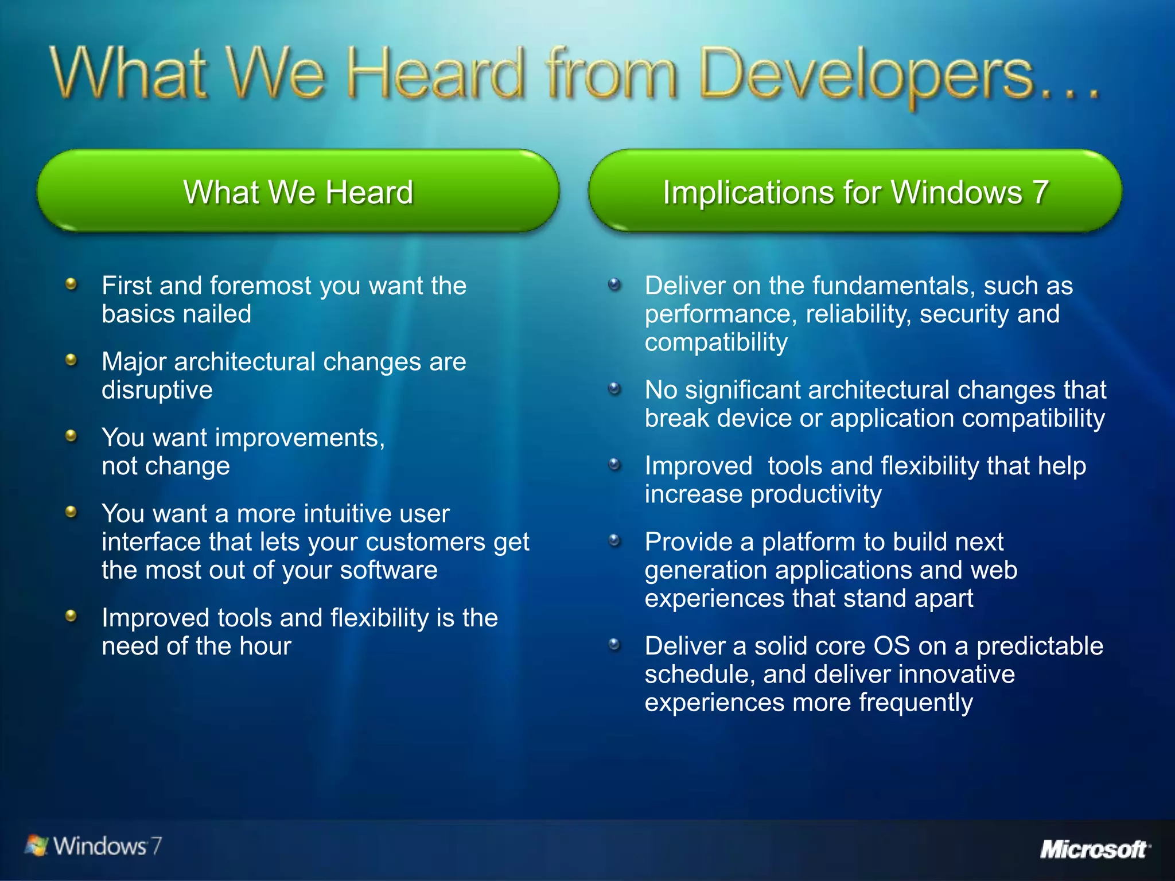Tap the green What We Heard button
[298, 192]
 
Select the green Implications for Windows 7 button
[855, 192]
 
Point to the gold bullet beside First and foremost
[71, 284]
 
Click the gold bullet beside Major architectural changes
[71, 360]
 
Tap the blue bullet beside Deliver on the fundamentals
[614, 284]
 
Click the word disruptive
[157, 391]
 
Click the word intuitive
[351, 514]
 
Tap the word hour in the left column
[265, 646]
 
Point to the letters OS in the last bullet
[892, 646]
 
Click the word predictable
[1040, 646]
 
